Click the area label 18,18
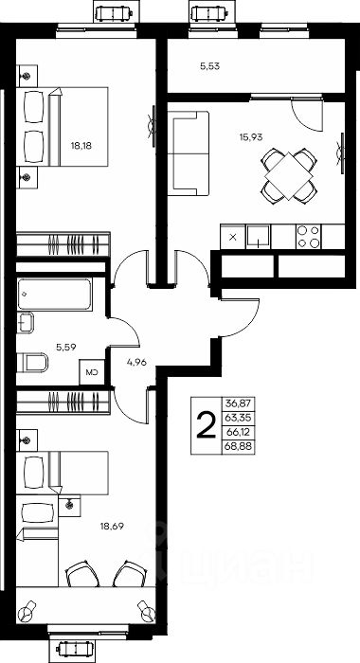point(81,146)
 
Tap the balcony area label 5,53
point(209,66)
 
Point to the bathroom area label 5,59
point(66,347)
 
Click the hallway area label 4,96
point(136,362)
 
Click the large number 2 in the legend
point(207,425)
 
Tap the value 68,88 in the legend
point(239,447)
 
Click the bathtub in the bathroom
point(54,294)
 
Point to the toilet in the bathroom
point(32,363)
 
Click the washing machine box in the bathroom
point(92,372)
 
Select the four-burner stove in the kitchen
point(309,237)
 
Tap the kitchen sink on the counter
point(258,237)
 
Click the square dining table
point(288,176)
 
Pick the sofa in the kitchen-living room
point(189,153)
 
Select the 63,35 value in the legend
point(239,419)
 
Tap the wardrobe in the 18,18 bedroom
point(63,243)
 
